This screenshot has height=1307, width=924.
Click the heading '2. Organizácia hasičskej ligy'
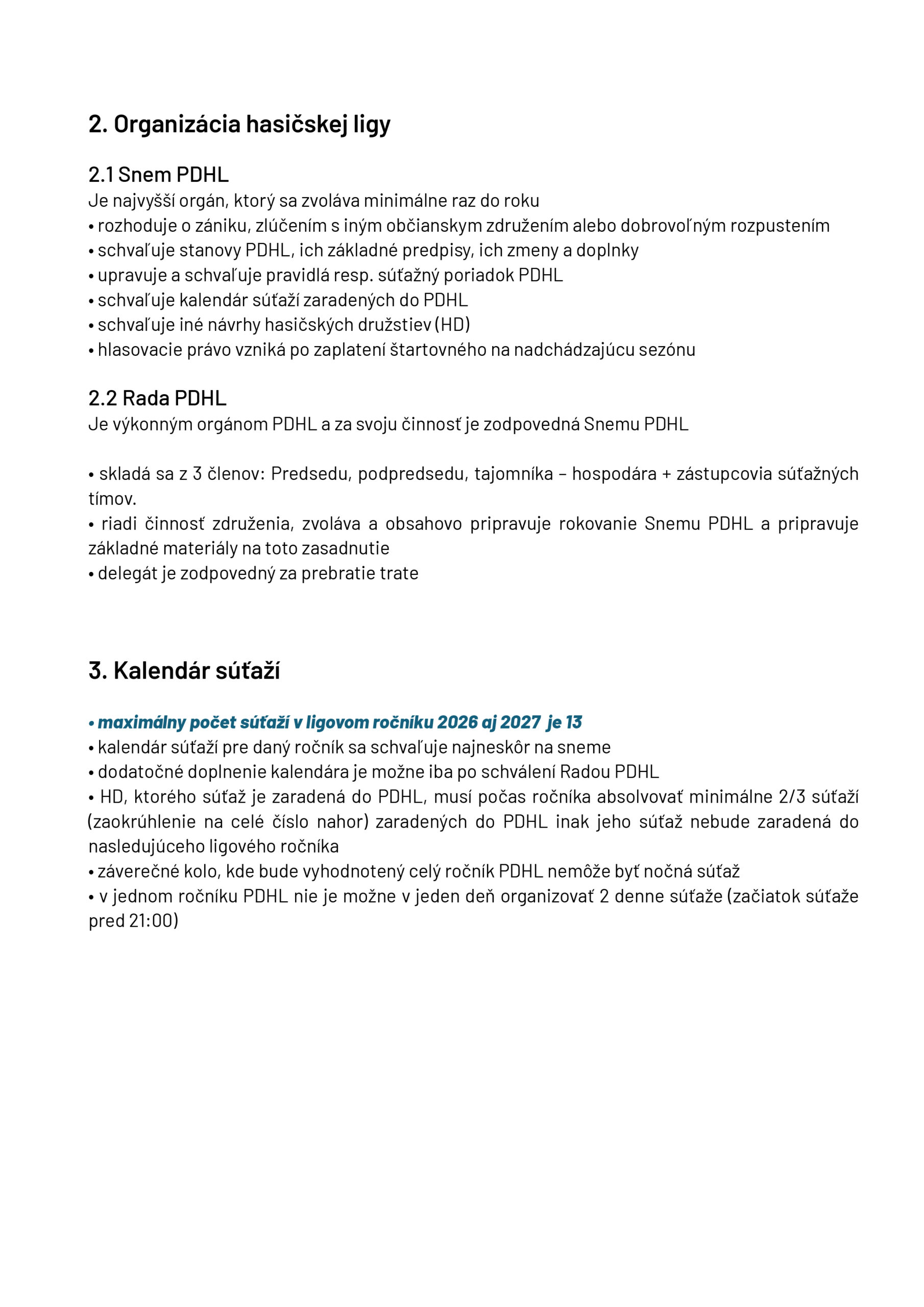239,125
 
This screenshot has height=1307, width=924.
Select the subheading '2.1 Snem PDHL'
158,175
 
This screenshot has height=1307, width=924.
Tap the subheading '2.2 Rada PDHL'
157,398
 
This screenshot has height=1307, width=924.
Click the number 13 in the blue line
573,722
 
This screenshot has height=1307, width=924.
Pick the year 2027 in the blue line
520,722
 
